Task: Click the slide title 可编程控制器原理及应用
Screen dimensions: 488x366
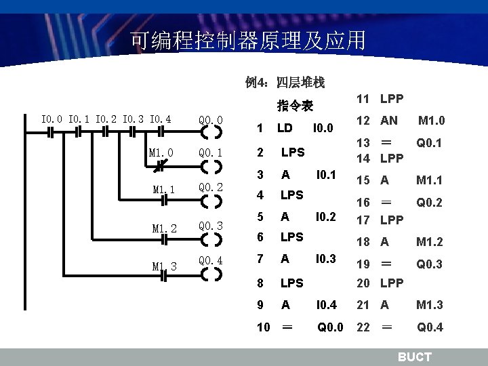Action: (x=247, y=41)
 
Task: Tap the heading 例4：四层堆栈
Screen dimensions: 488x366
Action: (x=285, y=83)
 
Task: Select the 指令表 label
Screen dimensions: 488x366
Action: (x=294, y=106)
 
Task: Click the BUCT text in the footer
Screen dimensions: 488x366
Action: (x=414, y=357)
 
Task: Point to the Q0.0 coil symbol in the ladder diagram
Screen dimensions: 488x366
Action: (x=211, y=133)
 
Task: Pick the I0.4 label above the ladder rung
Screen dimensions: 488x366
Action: (x=160, y=120)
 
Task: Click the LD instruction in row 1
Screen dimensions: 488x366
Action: (x=285, y=127)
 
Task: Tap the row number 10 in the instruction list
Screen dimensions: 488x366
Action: (x=264, y=327)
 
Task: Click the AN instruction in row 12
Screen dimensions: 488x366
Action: (x=389, y=120)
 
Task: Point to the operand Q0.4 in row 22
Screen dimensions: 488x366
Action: (x=430, y=327)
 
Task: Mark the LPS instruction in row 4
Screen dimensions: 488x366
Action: (x=291, y=195)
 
